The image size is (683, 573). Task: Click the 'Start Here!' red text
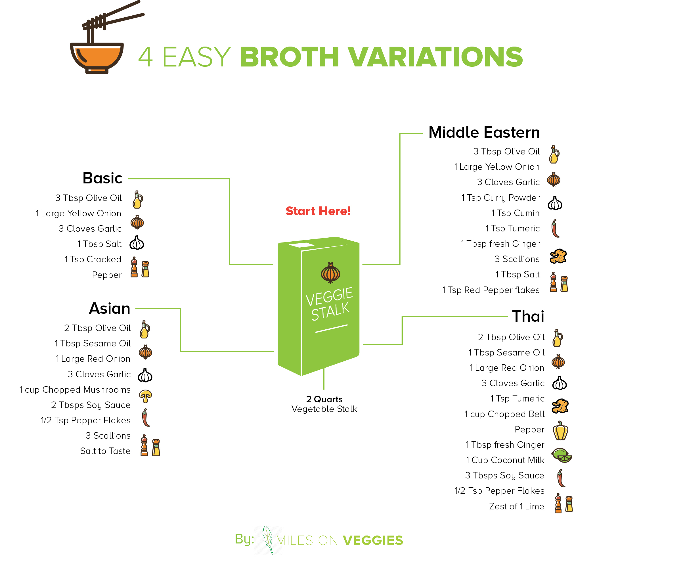click(x=318, y=211)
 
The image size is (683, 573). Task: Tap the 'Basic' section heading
click(x=102, y=178)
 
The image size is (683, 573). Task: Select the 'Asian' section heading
click(x=110, y=308)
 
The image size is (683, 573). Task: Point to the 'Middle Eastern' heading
click(x=484, y=132)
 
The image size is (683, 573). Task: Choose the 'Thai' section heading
click(x=528, y=316)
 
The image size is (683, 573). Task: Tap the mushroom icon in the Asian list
click(x=145, y=396)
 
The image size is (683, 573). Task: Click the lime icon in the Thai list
click(x=562, y=455)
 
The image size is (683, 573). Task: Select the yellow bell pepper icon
click(x=561, y=430)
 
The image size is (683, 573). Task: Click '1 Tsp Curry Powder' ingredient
click(x=500, y=198)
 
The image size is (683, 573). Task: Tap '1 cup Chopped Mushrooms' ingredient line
click(x=75, y=390)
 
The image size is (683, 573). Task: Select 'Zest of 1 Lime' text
click(x=516, y=506)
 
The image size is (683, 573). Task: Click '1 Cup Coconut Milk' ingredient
click(x=505, y=460)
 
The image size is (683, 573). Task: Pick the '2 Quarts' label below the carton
click(x=324, y=399)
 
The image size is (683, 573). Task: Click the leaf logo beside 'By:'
click(x=268, y=540)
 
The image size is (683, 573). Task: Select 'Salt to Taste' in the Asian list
click(x=105, y=451)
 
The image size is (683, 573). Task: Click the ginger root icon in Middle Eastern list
click(x=558, y=256)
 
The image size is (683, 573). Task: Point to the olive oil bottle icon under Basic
click(x=138, y=199)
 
